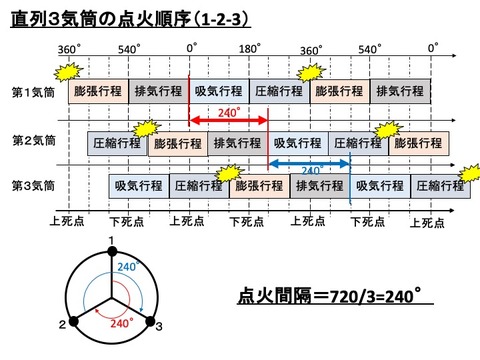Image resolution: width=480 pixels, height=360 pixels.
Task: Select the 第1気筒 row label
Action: [32, 91]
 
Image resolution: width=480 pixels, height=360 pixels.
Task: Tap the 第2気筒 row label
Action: [32, 139]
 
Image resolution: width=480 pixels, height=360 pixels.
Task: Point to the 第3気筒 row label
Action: [32, 184]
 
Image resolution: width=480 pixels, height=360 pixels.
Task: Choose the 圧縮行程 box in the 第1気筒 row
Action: [278, 91]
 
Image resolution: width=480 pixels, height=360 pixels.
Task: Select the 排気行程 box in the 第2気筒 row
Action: [238, 142]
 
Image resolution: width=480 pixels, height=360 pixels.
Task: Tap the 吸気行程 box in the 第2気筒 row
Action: [298, 142]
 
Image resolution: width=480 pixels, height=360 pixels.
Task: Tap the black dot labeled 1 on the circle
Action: [112, 251]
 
